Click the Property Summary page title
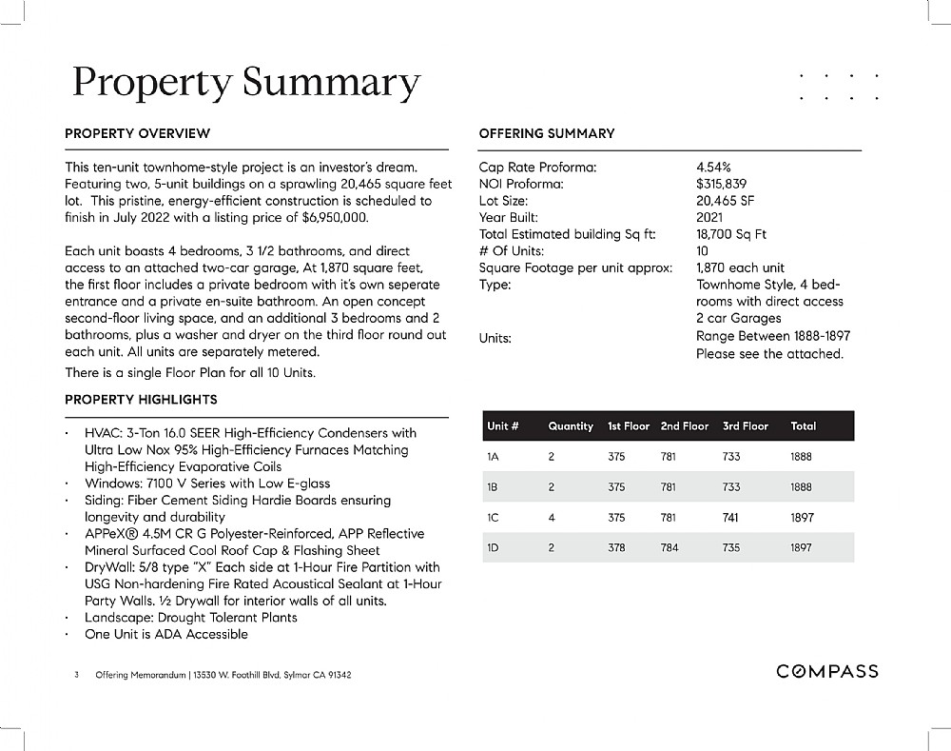point(246,83)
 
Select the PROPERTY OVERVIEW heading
point(138,133)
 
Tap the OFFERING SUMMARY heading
point(547,133)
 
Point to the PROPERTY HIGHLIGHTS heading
point(141,399)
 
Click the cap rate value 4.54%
point(713,168)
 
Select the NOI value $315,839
point(722,184)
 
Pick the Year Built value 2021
point(709,217)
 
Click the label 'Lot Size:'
point(503,201)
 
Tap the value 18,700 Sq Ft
point(731,234)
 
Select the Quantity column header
point(571,426)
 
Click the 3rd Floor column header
point(746,426)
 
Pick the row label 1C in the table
point(493,518)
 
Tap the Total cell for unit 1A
point(801,457)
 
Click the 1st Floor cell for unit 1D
point(616,548)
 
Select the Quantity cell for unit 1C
point(552,518)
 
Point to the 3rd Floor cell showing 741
point(731,518)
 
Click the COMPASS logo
point(826,672)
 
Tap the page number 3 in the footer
point(76,675)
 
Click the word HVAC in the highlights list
point(100,433)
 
